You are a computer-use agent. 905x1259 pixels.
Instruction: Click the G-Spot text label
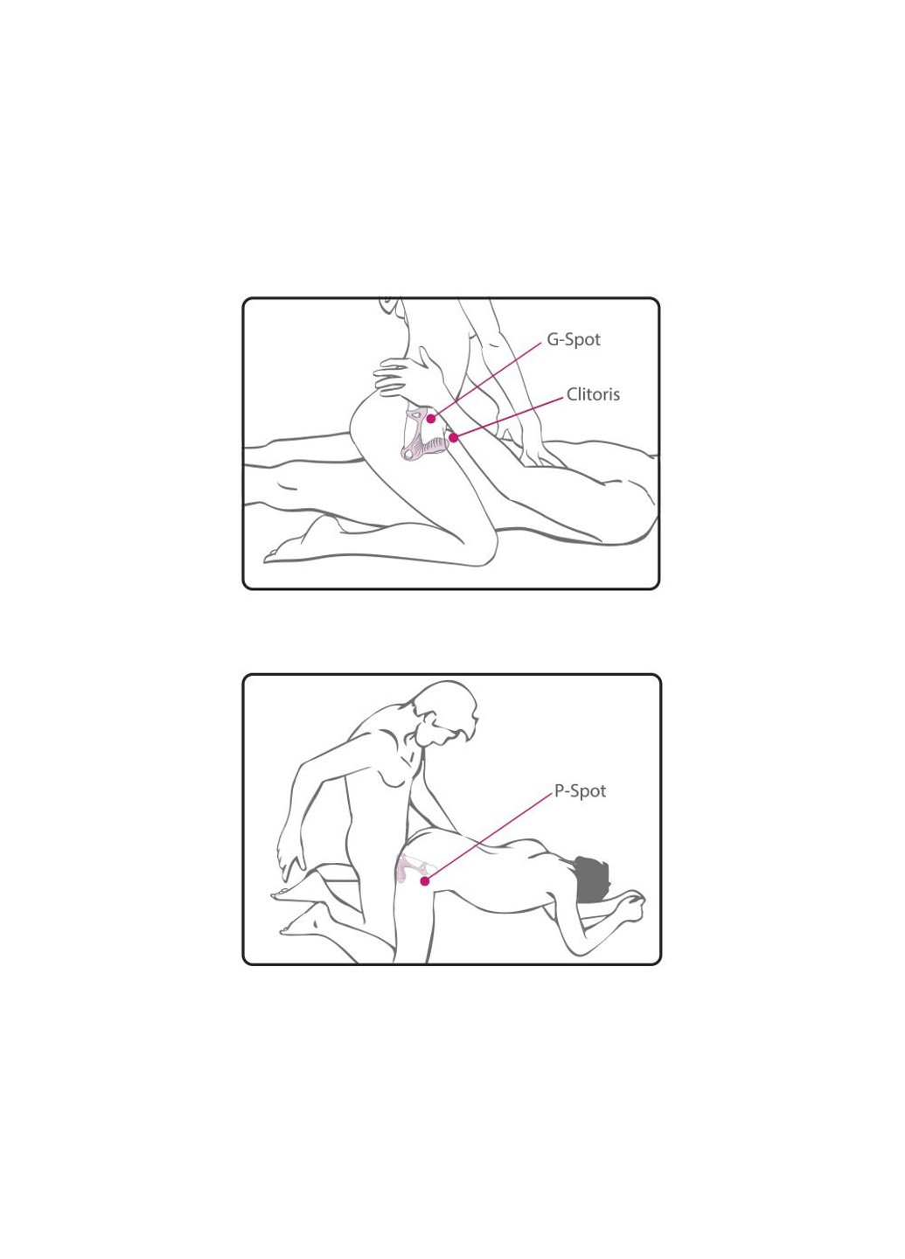(574, 340)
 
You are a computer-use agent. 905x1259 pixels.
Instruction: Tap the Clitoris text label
(593, 394)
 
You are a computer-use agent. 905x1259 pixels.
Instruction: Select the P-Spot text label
(580, 790)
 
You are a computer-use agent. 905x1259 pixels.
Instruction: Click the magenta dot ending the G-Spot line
(431, 418)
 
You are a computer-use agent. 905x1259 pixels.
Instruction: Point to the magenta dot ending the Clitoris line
(454, 437)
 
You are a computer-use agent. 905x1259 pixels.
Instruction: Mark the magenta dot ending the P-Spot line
(425, 881)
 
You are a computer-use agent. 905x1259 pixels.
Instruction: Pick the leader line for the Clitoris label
(508, 418)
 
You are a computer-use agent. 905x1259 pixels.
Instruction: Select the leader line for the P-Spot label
(489, 838)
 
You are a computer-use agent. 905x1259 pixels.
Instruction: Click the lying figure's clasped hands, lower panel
(629, 906)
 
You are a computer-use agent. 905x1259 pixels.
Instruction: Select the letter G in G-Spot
(553, 340)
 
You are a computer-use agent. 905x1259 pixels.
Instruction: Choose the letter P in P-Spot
(559, 790)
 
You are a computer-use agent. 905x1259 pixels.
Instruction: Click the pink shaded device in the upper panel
(425, 435)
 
